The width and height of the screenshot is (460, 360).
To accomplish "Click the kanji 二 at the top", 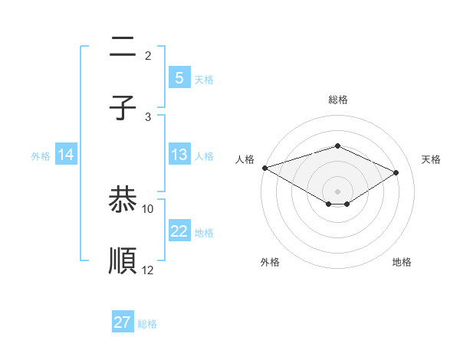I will pos(123,49).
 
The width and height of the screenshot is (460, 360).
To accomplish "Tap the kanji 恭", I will pos(123,201).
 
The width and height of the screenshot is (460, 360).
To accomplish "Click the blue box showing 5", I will pos(179,78).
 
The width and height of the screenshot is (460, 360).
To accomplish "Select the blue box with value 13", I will pos(179,155).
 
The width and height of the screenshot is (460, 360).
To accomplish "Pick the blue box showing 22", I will pos(179,232).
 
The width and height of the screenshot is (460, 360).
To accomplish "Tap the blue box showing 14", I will pos(66,155).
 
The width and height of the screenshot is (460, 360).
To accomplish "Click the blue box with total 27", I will pos(123,322).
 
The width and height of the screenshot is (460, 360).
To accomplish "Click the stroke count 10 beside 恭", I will pos(148,208).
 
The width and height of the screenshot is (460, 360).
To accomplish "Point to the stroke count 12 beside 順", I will pos(148,269).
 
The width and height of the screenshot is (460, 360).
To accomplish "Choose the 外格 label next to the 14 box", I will pos(41,156).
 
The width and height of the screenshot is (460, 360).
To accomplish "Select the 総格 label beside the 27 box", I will pos(147,324).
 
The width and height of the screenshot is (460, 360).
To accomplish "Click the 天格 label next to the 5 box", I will pos(204,80).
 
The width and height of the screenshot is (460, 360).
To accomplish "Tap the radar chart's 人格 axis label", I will pos(245,159).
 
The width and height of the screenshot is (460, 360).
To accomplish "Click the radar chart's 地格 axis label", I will pos(402,262).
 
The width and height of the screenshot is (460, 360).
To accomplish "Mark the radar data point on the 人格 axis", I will pos(264,168).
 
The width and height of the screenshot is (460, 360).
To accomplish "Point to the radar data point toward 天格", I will pos(396,172).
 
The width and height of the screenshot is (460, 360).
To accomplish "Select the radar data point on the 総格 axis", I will pos(337,146).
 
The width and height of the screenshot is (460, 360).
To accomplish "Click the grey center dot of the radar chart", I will pos(337,191).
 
